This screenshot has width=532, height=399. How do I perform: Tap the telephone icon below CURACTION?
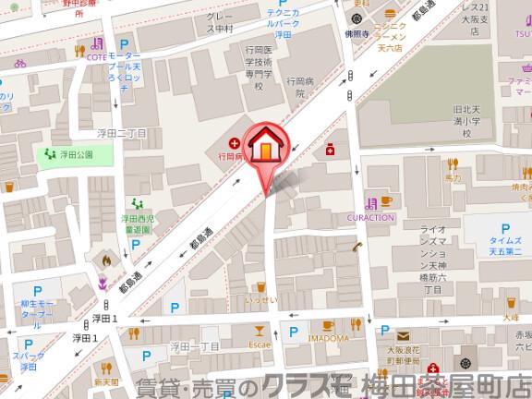point(357,246)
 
